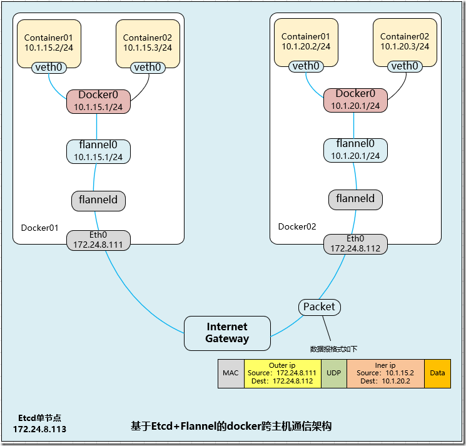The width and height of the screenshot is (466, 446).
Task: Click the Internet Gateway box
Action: [x=227, y=333]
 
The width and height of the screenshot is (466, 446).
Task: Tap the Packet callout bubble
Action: [x=320, y=307]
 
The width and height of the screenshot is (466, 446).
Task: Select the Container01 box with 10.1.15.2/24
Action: [x=49, y=43]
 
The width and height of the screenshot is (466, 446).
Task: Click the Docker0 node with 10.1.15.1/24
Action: [x=98, y=101]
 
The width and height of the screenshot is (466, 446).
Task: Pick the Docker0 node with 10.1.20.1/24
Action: [x=355, y=100]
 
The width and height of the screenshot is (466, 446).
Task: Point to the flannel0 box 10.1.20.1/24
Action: [x=355, y=150]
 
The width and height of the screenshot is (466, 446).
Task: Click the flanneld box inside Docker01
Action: [x=98, y=201]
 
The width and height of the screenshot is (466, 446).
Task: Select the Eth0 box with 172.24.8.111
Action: [x=98, y=240]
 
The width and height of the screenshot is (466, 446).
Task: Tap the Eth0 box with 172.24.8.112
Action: [x=355, y=243]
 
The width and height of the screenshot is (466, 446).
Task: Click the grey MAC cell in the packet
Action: [x=231, y=373]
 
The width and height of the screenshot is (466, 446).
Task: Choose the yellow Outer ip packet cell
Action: [x=282, y=373]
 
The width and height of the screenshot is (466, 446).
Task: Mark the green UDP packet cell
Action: [x=333, y=373]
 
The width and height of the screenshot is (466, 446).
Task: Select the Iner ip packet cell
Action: [x=385, y=373]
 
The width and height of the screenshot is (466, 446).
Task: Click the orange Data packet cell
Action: [x=437, y=373]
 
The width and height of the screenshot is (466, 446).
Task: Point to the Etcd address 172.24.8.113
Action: [x=39, y=429]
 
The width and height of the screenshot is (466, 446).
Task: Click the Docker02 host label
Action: [x=296, y=226]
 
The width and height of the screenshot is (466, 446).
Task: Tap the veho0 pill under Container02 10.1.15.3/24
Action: [x=148, y=67]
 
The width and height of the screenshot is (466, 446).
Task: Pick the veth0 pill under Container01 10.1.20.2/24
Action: [x=306, y=66]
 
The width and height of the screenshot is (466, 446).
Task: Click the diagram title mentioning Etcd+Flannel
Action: [x=231, y=426]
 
